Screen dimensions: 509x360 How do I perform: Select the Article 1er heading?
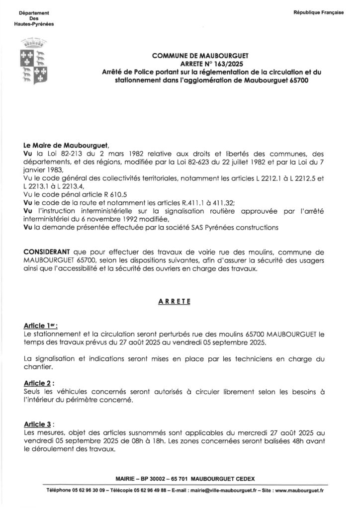pyautogui.click(x=40, y=326)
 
